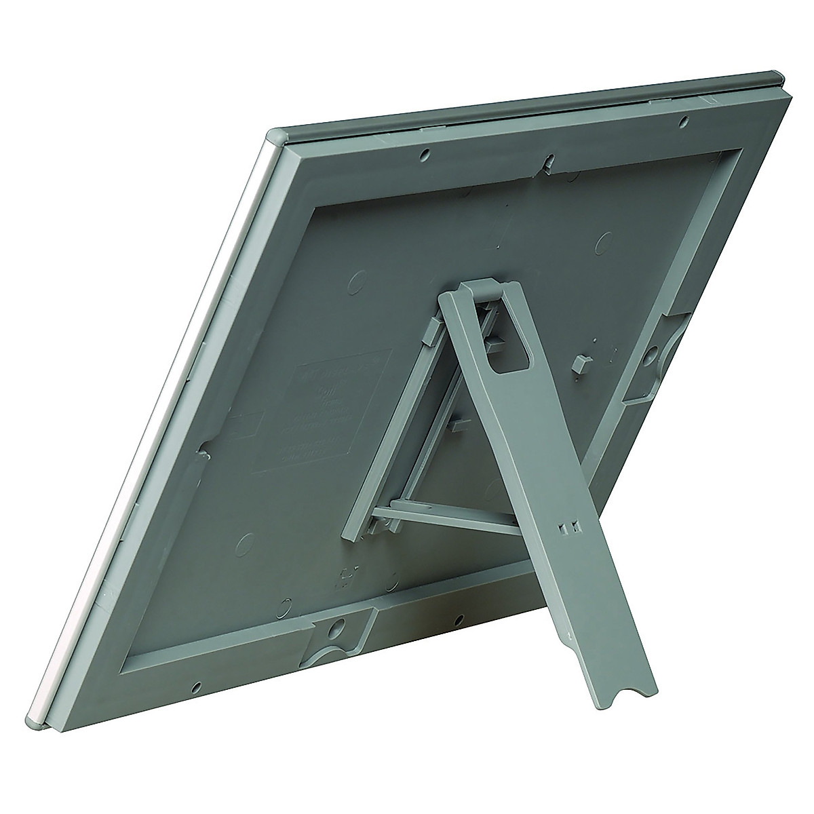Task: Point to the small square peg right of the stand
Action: pyautogui.click(x=580, y=363)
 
